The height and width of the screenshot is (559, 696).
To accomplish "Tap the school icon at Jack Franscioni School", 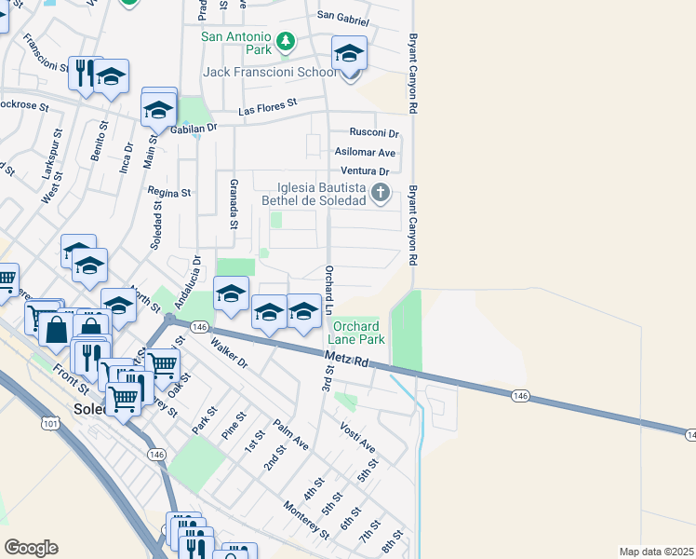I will pyautogui.click(x=349, y=54).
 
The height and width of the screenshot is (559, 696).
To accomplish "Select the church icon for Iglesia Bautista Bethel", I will pyautogui.click(x=380, y=194).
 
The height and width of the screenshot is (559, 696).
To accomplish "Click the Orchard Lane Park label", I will pyautogui.click(x=355, y=333).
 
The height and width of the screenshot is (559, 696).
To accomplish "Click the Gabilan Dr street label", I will pyautogui.click(x=194, y=130).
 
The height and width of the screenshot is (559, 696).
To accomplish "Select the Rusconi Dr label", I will pyautogui.click(x=373, y=133).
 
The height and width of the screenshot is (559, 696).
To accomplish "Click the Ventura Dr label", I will pyautogui.click(x=365, y=171).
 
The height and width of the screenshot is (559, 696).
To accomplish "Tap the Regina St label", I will pyautogui.click(x=168, y=193).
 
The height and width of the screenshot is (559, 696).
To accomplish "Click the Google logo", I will pyautogui.click(x=31, y=548).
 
